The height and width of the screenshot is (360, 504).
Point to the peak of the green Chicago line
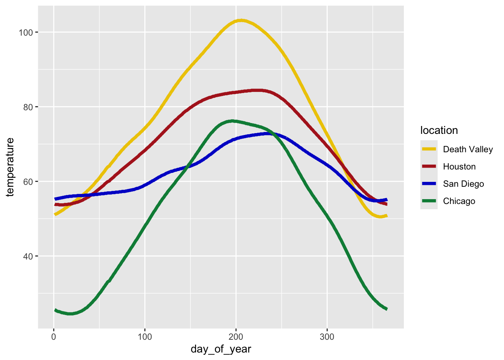pos(232,121)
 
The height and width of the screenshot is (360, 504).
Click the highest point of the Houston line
pos(257,90)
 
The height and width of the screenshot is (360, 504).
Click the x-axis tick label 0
pos(54,336)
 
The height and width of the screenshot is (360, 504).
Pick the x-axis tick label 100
pos(145,336)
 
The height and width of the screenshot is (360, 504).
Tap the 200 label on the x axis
pos(236,336)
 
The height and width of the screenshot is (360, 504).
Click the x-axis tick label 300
pos(327,336)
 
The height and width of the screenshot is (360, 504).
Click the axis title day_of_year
pos(221,349)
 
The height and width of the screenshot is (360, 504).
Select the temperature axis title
pos(10,167)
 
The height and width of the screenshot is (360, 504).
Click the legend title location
pos(439,130)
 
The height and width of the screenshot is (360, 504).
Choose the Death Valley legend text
pos(468,149)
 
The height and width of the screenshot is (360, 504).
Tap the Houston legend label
pos(459,166)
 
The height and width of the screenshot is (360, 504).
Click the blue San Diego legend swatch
pos(429,184)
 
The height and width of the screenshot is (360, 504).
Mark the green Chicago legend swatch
pos(429,201)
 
